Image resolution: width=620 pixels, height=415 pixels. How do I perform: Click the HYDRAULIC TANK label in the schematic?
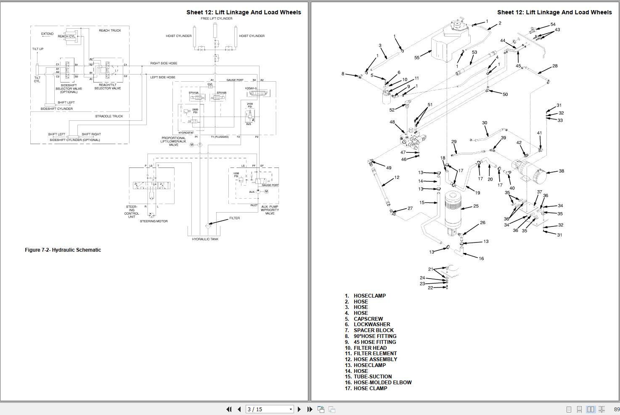pos(205,239)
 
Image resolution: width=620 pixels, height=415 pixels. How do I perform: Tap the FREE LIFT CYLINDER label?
pos(217,19)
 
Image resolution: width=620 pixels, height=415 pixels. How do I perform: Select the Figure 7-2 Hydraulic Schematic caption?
pos(63,250)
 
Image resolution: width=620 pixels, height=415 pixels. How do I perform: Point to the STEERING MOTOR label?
pos(154,221)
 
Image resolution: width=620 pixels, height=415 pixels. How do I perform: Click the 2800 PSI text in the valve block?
pos(195,111)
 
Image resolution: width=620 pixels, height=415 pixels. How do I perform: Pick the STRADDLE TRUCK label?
pos(109,116)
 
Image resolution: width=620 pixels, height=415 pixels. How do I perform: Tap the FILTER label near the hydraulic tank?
pos(235,218)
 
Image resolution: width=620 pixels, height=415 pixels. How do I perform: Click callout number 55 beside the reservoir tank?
pos(417,58)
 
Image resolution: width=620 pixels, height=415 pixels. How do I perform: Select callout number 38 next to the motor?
pos(561,171)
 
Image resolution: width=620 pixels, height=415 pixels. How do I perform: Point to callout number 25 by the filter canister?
pos(476,206)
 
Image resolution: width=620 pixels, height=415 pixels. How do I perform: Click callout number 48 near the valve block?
pos(392,122)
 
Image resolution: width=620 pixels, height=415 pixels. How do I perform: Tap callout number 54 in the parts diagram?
pos(553,24)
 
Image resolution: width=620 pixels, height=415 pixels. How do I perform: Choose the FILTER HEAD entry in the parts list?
pos(370,348)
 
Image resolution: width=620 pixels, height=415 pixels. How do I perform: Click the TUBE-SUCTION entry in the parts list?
pos(372,377)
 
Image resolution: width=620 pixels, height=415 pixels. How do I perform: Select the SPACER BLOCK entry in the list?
pos(374,330)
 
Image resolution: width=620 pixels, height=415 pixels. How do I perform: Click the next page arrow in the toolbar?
pos(299,409)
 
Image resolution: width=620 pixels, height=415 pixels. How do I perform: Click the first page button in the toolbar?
pos(229,409)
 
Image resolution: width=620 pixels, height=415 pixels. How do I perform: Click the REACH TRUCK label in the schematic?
pos(110,30)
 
